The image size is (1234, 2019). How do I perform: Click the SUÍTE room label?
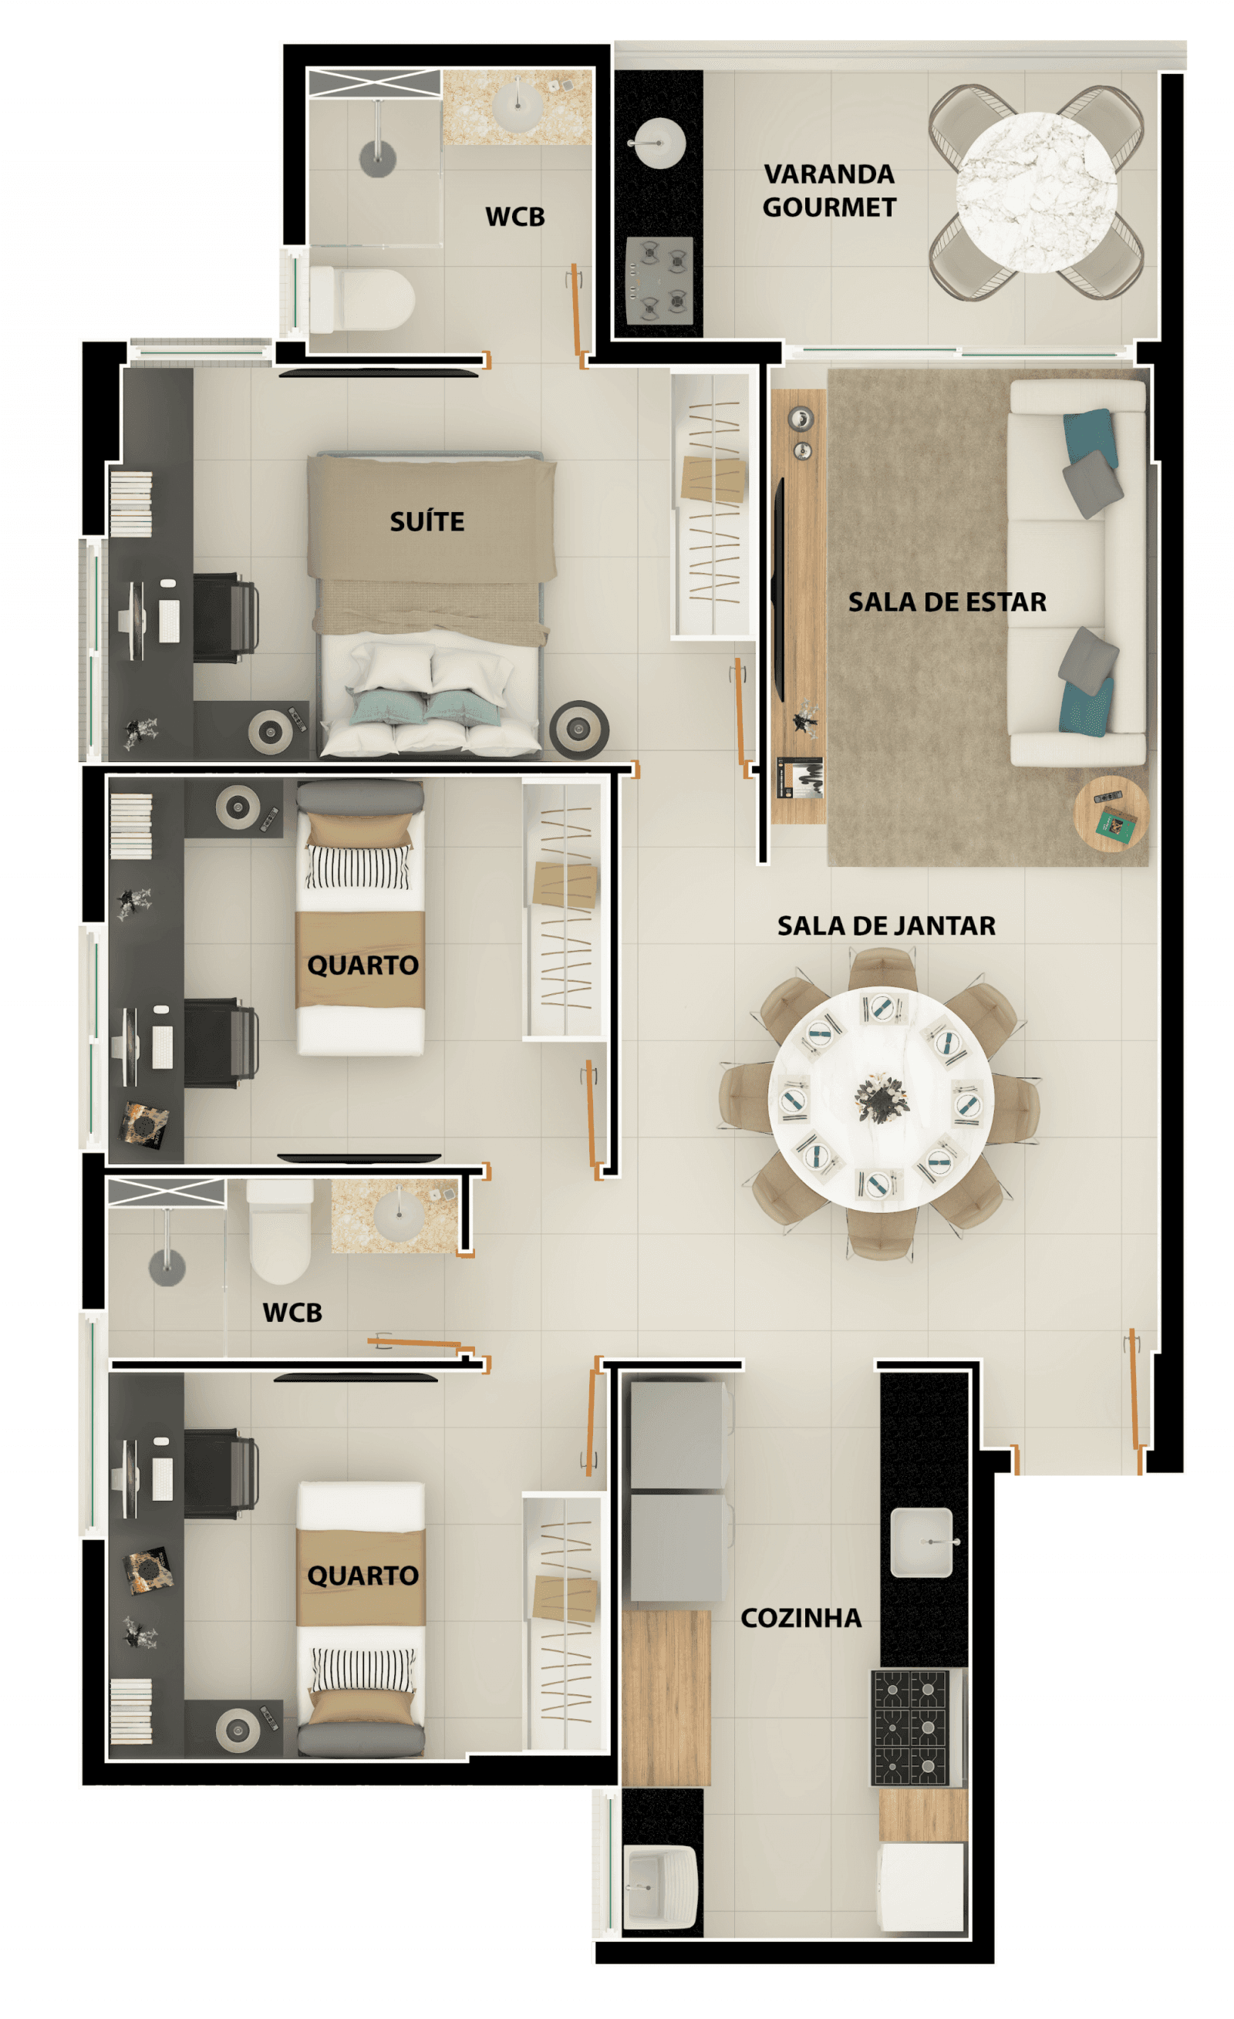coord(427,521)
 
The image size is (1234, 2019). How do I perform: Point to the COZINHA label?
coord(801,1617)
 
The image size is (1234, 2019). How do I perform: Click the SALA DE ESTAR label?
coord(947,602)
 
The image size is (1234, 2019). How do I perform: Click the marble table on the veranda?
coord(1036,193)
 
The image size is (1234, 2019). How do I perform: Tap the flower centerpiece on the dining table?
coord(882,1097)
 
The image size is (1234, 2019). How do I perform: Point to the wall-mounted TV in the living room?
coord(778,589)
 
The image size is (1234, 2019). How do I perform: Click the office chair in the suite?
coord(225,618)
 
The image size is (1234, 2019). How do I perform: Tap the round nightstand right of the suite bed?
coord(578,729)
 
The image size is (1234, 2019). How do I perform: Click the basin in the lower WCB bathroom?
coord(399,1215)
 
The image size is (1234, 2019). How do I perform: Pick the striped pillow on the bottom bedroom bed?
coord(362,1670)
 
